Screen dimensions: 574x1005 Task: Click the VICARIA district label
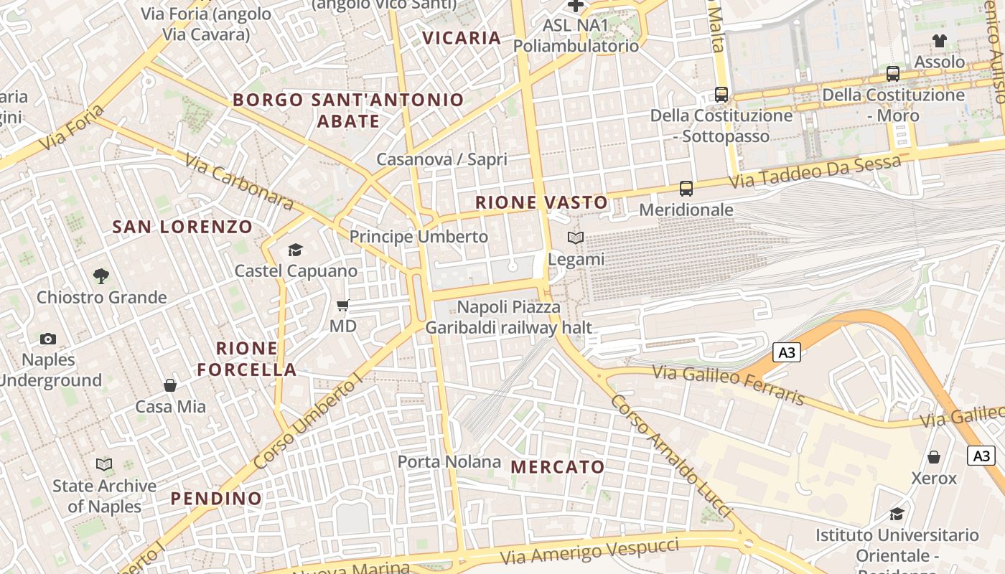[x=461, y=38]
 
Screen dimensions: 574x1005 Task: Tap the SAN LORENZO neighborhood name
[x=182, y=227]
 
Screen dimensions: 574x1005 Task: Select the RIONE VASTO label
[x=541, y=203]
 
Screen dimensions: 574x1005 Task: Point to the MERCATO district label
[x=558, y=467]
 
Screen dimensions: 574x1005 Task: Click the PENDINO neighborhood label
[x=216, y=499]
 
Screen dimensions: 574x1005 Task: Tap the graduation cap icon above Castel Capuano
[x=295, y=250]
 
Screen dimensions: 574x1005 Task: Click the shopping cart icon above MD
[x=343, y=305]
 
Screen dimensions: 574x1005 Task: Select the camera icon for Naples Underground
[x=48, y=339]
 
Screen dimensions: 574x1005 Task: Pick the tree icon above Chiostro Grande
[x=101, y=276]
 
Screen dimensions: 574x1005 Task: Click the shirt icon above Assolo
[x=939, y=41]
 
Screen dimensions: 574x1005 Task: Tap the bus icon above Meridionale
[x=686, y=189]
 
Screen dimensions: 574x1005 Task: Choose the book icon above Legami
[x=576, y=237]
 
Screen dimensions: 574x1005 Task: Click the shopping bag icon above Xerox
[x=934, y=457]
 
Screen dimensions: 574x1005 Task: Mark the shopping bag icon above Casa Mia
[x=170, y=385]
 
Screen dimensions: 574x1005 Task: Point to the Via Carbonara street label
[x=239, y=182]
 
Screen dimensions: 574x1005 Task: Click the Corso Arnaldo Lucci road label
[x=670, y=454]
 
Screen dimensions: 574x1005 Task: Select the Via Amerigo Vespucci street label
[x=589, y=551]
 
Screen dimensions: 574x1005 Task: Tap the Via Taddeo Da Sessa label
[x=814, y=173]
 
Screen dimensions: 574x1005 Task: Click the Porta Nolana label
[x=449, y=461]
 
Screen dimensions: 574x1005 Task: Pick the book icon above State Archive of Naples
[x=104, y=465]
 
